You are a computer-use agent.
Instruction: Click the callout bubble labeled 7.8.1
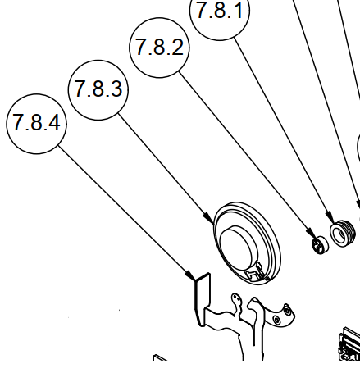pyautogui.click(x=221, y=14)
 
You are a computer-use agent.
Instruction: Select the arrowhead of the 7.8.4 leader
pyautogui.click(x=191, y=276)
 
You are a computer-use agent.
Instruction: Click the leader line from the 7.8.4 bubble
pyautogui.click(x=123, y=208)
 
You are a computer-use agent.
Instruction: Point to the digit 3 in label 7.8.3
pyautogui.click(x=115, y=89)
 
